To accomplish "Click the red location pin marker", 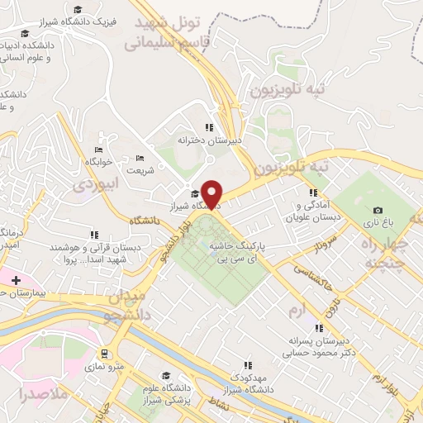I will point(212,194).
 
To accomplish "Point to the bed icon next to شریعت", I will point(140,158).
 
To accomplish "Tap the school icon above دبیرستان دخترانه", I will point(209,127).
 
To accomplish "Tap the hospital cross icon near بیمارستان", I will point(16,281).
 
